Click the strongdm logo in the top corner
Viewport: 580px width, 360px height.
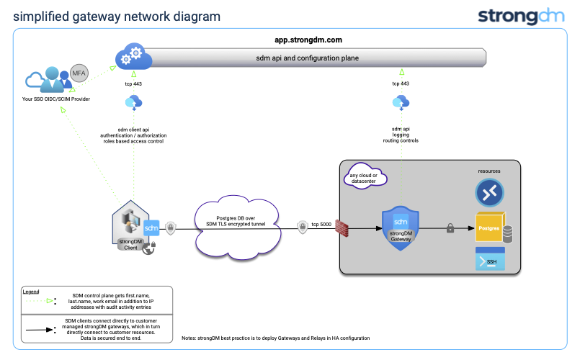click(x=524, y=16)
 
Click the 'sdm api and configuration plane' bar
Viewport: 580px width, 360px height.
click(x=308, y=58)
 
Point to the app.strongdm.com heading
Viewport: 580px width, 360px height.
click(x=308, y=40)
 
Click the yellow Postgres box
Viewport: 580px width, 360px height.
click(x=488, y=228)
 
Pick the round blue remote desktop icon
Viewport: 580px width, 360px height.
click(x=489, y=192)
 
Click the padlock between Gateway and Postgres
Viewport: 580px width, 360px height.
click(x=450, y=228)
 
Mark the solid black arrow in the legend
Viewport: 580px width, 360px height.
click(x=41, y=330)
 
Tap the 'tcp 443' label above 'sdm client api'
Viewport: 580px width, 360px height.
click(x=133, y=84)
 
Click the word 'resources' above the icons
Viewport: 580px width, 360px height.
click(x=489, y=171)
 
